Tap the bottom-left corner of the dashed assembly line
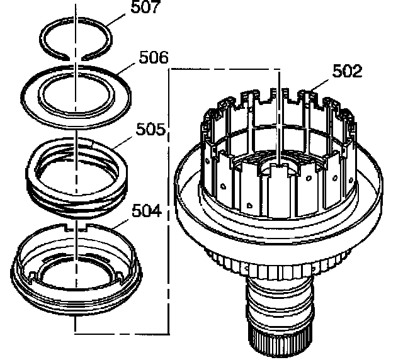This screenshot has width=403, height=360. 76,330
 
